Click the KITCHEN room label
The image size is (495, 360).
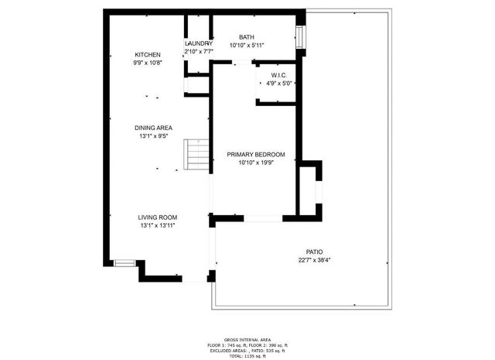148,54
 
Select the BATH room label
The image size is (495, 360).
246,36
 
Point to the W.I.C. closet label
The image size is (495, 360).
279,75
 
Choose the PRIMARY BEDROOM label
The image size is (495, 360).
256,154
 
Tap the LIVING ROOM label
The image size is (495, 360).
158,218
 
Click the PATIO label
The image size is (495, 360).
314,252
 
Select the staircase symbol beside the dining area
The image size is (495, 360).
197,156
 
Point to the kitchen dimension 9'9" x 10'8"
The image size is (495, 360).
148,63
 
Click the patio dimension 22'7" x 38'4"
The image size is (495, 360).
314,261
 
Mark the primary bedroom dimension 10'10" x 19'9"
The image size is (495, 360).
256,163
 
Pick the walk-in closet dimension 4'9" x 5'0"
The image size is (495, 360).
279,84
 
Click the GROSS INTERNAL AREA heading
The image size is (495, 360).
247,340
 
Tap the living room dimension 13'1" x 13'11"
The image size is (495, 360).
158,226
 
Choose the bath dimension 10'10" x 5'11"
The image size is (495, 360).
247,45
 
